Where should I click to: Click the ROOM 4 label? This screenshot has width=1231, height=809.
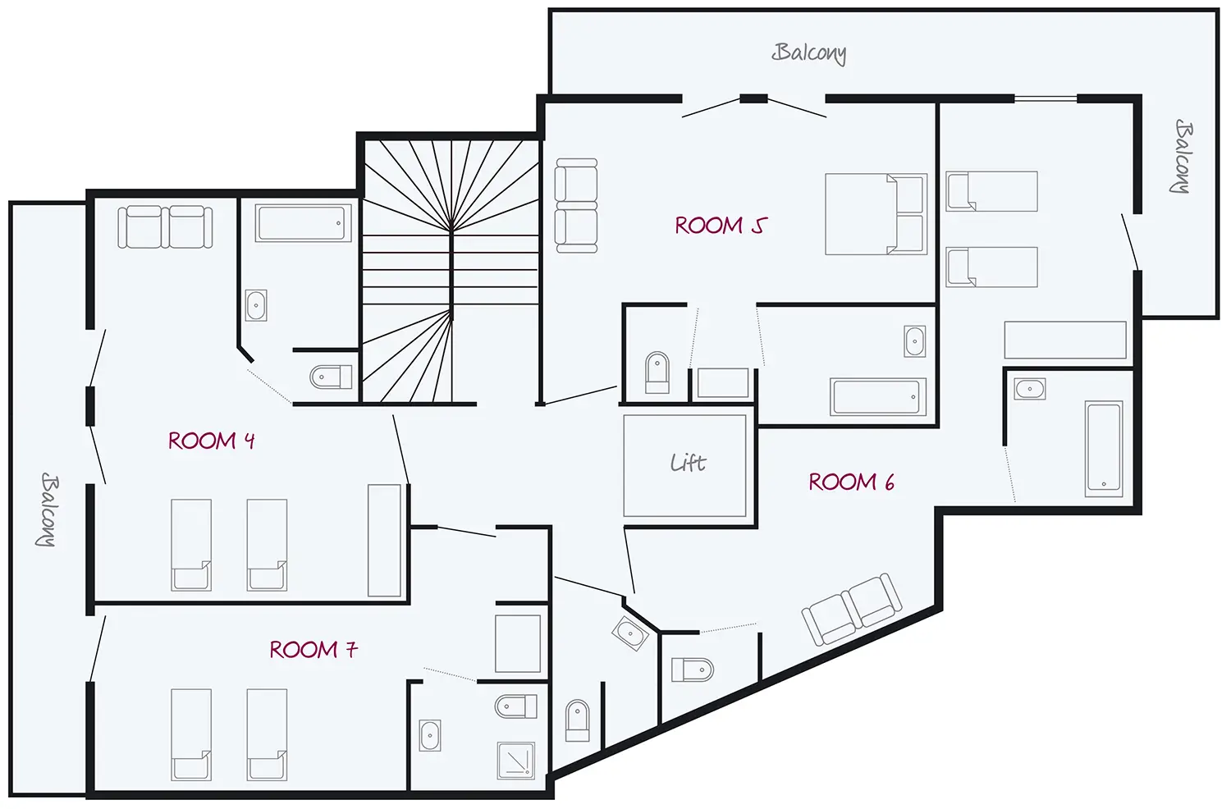pos(211,441)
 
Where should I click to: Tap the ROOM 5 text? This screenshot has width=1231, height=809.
pos(721,226)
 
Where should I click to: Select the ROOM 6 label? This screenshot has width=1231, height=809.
pos(851,482)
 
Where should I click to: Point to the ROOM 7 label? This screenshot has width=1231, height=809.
pos(313,650)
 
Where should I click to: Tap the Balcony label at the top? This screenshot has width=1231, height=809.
pos(809,53)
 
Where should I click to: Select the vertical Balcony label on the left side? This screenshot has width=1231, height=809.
pos(48,510)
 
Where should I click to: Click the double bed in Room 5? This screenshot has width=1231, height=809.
pos(876,214)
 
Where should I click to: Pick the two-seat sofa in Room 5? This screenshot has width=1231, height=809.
pos(576,206)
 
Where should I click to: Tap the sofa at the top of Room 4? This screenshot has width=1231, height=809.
pos(165,227)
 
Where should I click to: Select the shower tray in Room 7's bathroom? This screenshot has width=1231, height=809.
pos(515,761)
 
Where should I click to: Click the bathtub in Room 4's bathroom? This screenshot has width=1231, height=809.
pos(303,223)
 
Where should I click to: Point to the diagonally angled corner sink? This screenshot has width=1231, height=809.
pos(630,633)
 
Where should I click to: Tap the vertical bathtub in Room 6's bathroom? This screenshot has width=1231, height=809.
pos(1104,449)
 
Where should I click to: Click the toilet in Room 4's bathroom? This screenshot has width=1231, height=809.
pos(331,377)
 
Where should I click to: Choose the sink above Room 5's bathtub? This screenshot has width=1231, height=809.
pos(914,341)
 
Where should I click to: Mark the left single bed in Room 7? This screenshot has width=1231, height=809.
pos(190,735)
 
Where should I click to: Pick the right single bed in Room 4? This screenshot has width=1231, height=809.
pos(267,545)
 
